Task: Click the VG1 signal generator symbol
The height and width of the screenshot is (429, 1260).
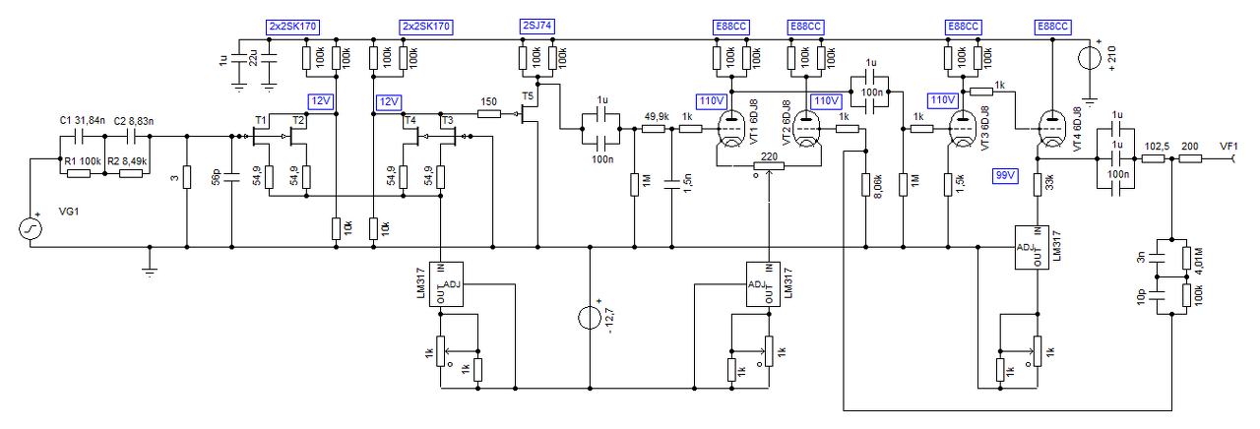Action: [31, 229]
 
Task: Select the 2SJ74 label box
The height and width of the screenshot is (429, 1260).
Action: [537, 26]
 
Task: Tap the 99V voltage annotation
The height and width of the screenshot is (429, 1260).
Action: [1005, 175]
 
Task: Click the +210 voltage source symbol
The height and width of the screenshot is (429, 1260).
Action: [1090, 57]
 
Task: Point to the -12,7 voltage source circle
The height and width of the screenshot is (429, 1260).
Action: [590, 317]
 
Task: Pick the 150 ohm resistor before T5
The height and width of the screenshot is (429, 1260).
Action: [489, 114]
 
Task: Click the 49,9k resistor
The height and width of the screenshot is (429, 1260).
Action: [653, 129]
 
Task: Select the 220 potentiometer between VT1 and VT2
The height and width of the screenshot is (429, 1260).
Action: [769, 166]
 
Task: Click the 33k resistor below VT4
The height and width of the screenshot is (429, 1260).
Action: [1039, 184]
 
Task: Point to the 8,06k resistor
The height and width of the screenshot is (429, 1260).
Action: [866, 184]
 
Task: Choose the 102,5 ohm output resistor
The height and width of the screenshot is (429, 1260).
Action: [1153, 158]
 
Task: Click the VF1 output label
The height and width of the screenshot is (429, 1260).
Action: [1228, 147]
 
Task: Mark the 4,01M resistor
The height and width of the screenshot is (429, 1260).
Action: [1186, 258]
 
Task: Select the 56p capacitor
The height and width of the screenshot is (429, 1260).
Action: [231, 178]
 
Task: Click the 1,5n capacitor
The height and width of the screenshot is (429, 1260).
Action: [671, 184]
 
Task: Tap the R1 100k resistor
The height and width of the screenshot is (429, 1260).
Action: [79, 174]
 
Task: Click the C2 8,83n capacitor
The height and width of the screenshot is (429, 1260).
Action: [133, 136]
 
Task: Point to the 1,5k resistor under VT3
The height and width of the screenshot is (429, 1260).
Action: [948, 184]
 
